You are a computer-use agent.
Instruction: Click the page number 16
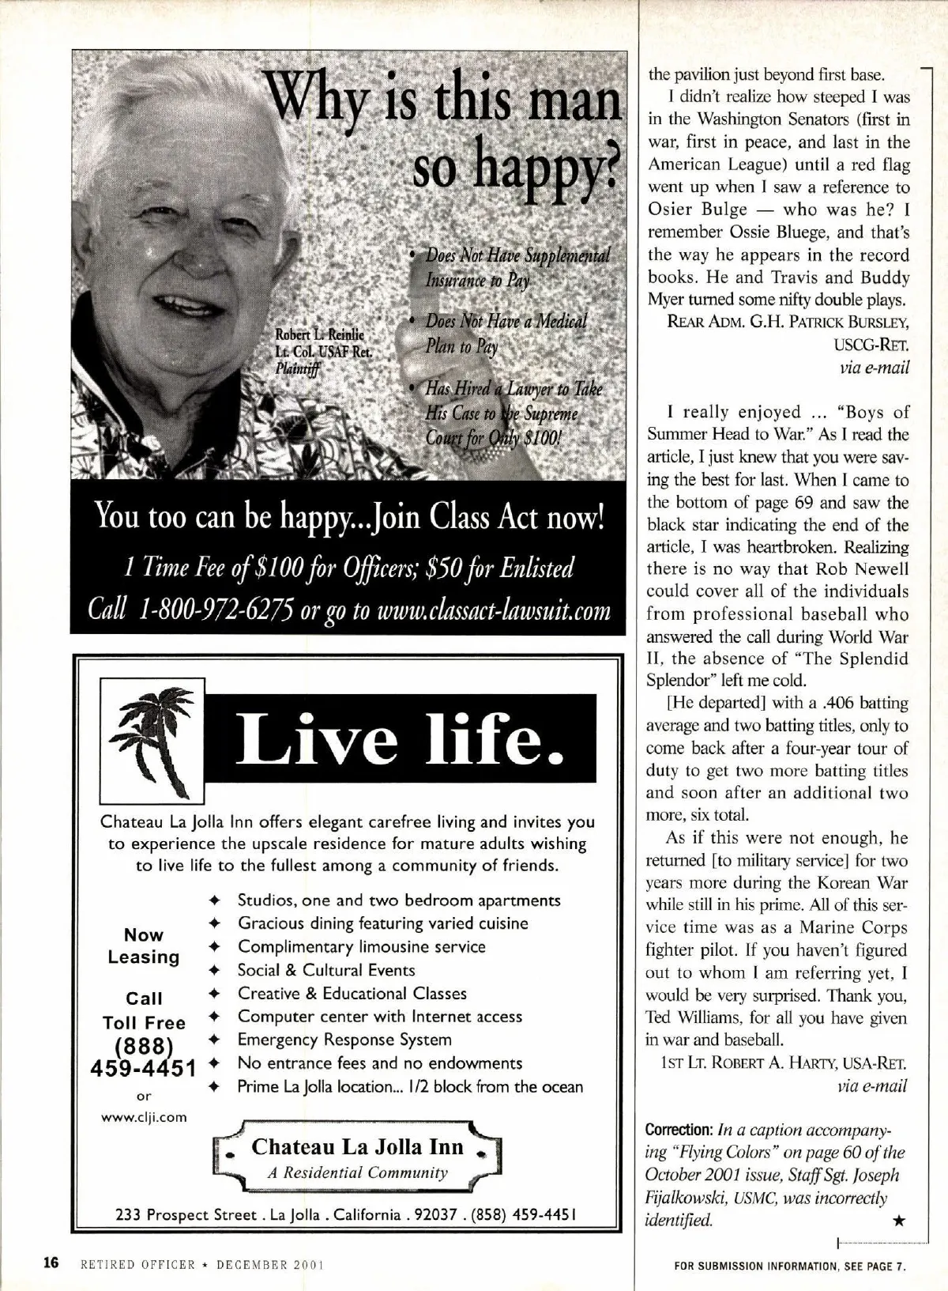51,1263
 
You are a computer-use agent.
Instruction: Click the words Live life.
400,737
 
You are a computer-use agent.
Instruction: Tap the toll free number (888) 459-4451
144,1057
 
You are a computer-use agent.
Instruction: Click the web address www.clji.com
144,1117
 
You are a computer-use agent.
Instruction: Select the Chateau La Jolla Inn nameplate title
358,1147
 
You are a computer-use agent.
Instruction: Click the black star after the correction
898,1222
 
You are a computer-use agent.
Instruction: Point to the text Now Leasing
144,946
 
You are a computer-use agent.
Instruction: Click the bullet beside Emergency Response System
213,1040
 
